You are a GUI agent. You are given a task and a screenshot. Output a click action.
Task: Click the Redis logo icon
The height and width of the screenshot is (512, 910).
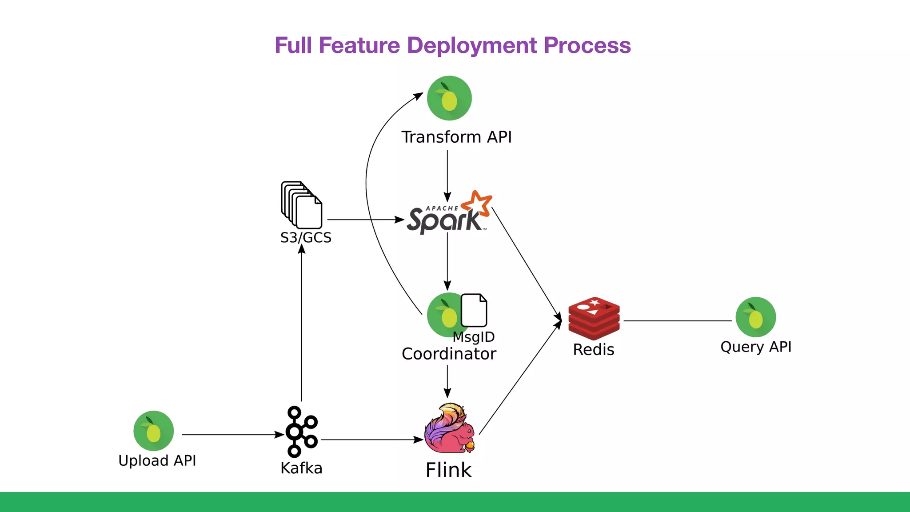[x=594, y=318]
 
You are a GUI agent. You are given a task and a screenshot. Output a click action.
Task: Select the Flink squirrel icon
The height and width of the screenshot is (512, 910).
[x=449, y=428]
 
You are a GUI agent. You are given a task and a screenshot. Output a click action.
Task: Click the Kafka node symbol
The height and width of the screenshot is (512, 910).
[x=301, y=431]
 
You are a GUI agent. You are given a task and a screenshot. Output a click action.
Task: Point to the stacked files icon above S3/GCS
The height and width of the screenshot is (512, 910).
[x=301, y=205]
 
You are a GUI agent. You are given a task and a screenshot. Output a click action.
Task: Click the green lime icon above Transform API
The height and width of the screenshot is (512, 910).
[x=449, y=98]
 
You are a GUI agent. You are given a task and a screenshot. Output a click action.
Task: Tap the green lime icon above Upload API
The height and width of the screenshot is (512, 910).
[x=153, y=431]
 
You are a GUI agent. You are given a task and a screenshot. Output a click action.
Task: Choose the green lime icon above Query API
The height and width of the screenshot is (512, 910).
[x=755, y=317]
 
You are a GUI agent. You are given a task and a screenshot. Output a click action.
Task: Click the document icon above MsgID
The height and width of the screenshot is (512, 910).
[x=474, y=310]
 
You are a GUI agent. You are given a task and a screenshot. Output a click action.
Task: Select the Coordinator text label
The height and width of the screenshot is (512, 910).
[x=449, y=354]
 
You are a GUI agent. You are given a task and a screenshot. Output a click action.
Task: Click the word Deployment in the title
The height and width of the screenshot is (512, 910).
[x=471, y=45]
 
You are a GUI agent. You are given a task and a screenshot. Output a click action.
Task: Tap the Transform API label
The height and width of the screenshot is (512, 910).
[x=456, y=137]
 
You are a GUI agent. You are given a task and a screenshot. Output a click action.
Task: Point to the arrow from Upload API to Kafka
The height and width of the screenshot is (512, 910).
[x=231, y=435]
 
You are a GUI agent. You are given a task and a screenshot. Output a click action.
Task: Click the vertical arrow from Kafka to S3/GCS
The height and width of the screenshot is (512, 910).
[x=302, y=324]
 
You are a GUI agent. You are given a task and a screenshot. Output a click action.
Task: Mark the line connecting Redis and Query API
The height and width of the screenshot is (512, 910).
[x=677, y=320]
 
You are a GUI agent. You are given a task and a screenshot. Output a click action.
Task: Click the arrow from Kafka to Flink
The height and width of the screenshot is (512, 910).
[x=371, y=440]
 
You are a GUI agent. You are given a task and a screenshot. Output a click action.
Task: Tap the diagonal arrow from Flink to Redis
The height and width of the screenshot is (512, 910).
[x=520, y=378]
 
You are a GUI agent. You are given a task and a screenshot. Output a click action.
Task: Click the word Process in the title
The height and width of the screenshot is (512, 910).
[x=587, y=45]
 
